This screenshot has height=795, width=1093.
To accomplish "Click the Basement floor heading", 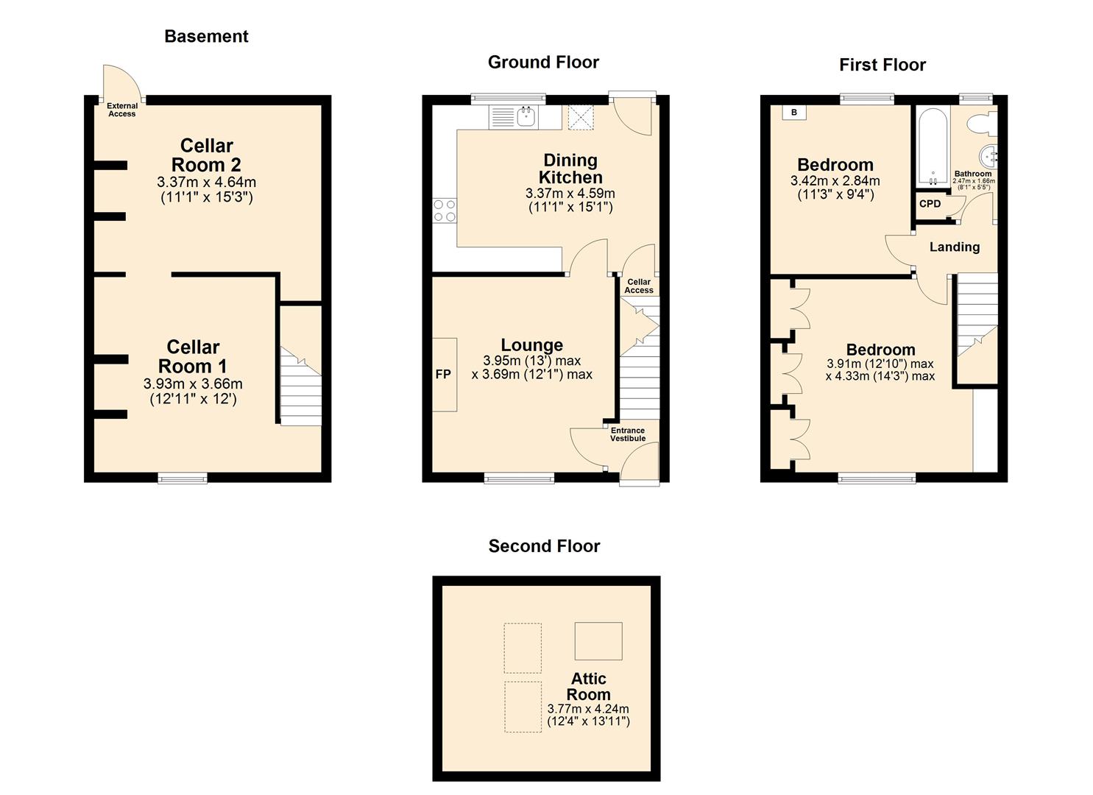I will pos(206,37).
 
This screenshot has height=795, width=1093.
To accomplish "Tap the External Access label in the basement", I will pos(122,110).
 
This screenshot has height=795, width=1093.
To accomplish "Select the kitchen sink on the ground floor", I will pos(526,116).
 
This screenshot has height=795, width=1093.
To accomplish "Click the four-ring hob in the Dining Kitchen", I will pos(445,211).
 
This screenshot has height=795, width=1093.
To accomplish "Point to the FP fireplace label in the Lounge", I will pos(443,375).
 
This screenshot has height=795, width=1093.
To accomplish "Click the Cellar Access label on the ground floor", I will pos(639,286).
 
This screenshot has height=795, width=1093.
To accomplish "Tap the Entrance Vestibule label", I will pos(628,435).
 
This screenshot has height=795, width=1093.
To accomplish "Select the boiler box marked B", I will pos(794,113).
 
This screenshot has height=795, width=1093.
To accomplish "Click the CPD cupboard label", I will pos(930,204).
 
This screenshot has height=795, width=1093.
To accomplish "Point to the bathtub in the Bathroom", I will pos(933,147).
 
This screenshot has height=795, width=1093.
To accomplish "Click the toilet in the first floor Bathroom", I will pos(983,124).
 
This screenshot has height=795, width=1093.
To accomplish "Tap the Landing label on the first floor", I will pos(955,247).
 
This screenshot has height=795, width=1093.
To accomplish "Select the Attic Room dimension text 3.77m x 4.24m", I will pos(588,709).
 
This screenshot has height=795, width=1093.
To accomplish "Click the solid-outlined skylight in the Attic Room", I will pos(598,640).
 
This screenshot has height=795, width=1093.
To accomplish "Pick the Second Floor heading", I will pos(544,546).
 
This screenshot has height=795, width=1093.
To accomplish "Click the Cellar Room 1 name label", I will pos(193,356).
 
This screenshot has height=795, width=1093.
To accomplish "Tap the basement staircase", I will pos(300,386).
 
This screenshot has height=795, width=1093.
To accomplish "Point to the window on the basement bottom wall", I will pos(183,479).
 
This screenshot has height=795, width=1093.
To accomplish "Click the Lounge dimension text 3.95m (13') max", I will pos(532,361).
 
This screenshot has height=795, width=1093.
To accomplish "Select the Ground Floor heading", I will pos(543,63).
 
